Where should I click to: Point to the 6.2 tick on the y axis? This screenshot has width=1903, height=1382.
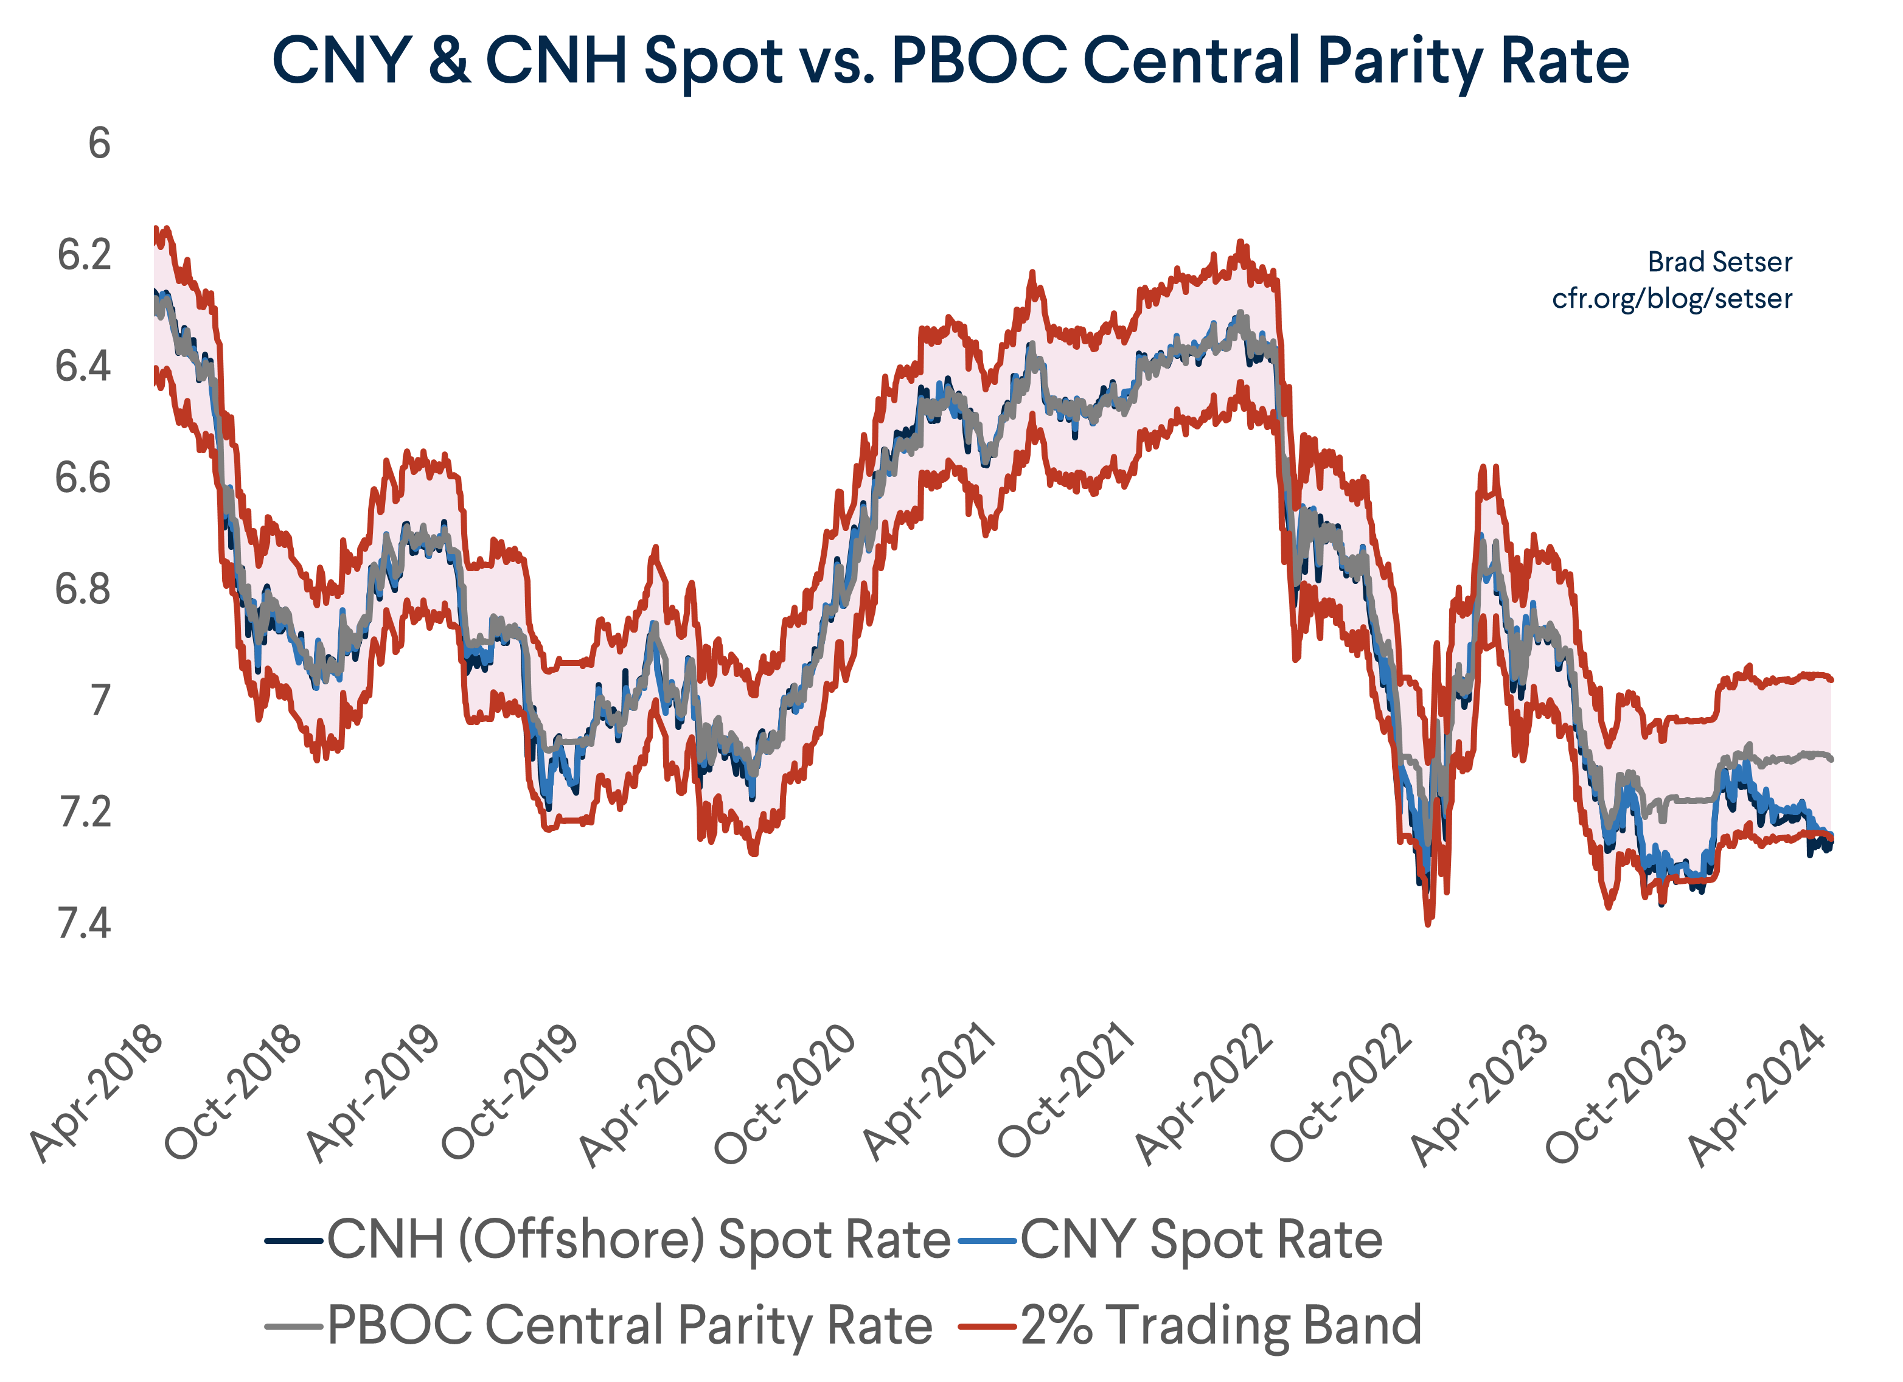[x=84, y=255]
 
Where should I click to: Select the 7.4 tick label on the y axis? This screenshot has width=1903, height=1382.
[x=84, y=924]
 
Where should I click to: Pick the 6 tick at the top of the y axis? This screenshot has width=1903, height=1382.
[x=99, y=144]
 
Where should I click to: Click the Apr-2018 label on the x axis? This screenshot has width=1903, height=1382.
[x=97, y=1093]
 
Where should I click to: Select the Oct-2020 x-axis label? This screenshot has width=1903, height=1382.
[x=785, y=1093]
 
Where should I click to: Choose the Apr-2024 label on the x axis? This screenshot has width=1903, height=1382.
[x=1758, y=1093]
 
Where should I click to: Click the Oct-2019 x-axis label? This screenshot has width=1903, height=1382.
[x=509, y=1093]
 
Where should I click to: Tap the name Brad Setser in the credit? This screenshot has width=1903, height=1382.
[x=1719, y=262]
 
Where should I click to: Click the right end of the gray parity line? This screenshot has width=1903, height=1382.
[x=1830, y=759]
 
